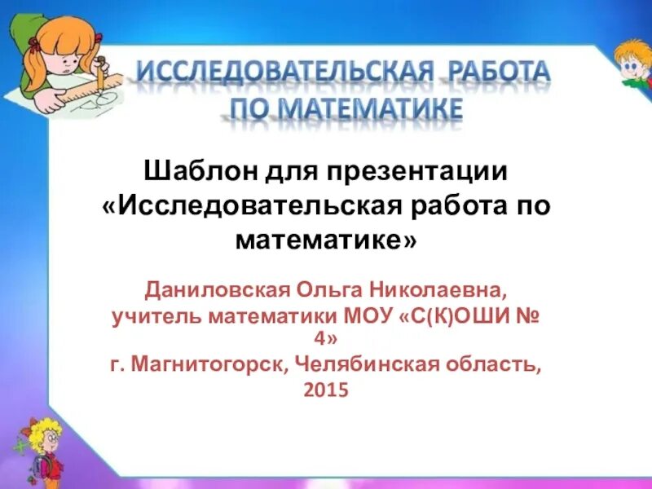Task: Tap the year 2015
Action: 326,390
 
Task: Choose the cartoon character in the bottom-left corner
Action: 37,448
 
